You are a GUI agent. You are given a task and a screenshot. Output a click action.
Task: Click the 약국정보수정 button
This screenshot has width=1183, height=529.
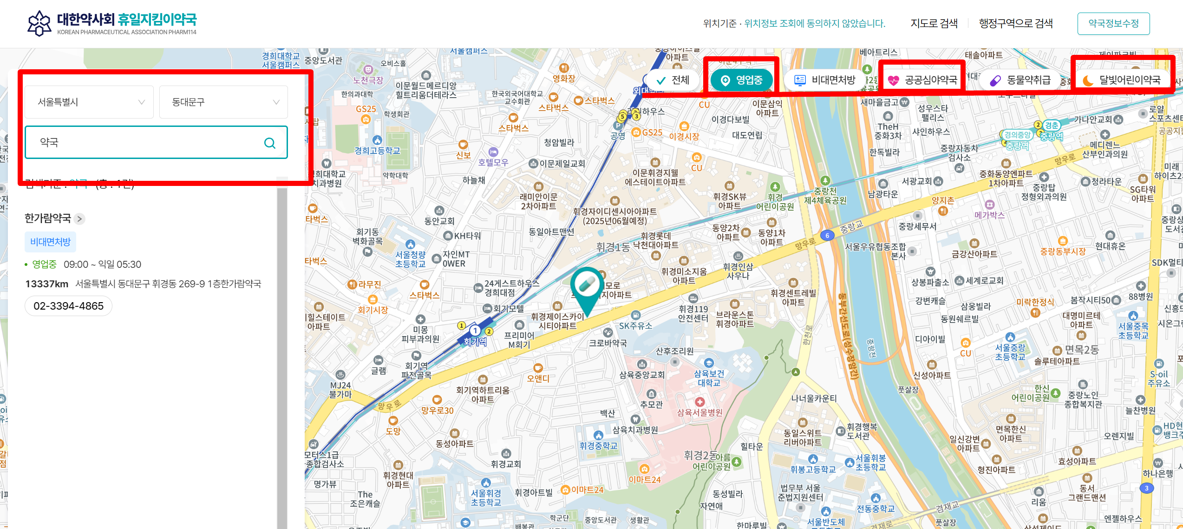(1113, 24)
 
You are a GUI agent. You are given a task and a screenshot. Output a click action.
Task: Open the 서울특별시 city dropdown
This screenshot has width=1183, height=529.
(89, 102)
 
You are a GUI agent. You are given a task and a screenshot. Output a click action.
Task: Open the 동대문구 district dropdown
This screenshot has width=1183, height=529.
(224, 102)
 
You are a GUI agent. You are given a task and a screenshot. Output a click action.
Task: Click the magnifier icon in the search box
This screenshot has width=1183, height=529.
(270, 143)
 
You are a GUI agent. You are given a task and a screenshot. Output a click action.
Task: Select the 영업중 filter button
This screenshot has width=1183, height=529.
(741, 80)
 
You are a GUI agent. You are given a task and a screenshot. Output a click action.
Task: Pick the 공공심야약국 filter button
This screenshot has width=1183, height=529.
(922, 80)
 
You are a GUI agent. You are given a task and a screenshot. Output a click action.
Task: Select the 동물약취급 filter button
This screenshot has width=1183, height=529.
(1020, 80)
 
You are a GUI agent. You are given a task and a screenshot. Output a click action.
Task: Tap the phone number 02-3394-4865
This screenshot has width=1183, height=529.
(69, 306)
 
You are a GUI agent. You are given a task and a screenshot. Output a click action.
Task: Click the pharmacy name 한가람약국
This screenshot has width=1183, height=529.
(48, 218)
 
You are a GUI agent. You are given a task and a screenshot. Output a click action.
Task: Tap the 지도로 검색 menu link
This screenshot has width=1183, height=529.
(934, 24)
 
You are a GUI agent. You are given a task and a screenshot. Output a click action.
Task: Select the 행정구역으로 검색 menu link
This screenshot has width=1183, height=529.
(1016, 24)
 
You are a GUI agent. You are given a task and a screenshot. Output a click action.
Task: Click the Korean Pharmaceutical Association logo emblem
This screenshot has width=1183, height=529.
(39, 23)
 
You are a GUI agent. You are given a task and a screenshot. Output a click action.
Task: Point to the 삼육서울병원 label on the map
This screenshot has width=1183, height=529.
(699, 413)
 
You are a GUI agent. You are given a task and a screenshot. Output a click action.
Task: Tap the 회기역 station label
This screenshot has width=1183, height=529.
(475, 342)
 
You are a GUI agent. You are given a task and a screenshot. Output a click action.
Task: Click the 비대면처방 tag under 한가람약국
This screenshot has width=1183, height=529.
(50, 242)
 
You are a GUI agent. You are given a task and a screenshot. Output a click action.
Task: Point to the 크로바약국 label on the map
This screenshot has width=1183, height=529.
(608, 343)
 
